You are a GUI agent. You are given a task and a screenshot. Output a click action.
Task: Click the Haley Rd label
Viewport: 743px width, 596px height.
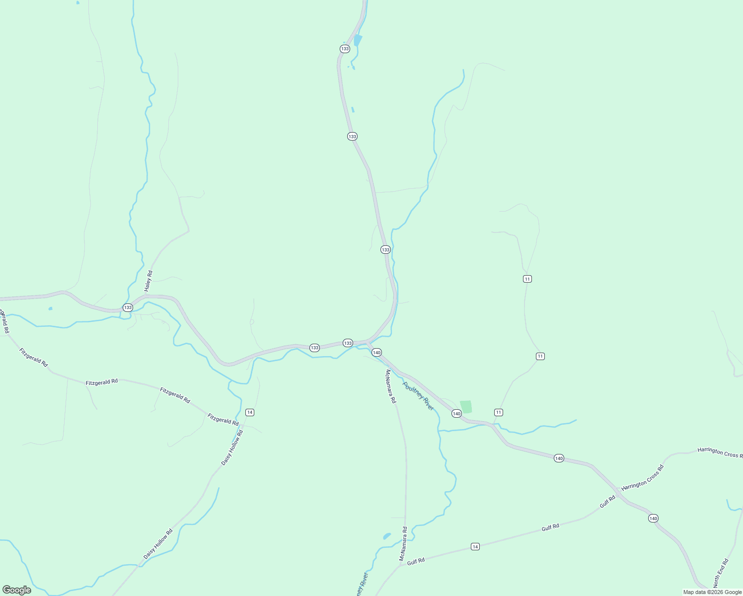point(149,281)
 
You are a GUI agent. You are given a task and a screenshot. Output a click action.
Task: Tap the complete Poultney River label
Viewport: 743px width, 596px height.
point(418,396)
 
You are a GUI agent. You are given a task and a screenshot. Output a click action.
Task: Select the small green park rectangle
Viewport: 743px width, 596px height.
point(466,407)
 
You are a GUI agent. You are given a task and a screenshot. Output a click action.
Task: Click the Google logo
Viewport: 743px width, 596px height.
point(17,590)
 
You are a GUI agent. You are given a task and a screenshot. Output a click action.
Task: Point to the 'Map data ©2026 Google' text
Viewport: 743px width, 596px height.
point(712,592)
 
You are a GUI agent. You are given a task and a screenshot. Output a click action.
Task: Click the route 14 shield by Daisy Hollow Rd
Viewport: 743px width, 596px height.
point(250,412)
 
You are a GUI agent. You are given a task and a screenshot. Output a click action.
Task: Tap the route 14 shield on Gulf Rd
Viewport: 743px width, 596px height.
point(475,546)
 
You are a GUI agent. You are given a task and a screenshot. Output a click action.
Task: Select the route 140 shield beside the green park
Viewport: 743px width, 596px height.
point(456,413)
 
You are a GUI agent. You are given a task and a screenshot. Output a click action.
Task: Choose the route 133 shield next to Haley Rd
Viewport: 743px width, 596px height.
point(128,307)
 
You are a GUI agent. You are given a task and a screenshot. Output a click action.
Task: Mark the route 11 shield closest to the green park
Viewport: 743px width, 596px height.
point(499,412)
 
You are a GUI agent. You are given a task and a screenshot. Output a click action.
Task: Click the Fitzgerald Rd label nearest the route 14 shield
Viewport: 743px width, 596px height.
point(223,420)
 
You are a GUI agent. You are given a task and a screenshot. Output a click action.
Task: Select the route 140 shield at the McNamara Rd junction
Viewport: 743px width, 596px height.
point(376,352)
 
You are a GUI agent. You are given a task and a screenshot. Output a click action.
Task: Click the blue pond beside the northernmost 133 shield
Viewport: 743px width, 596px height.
point(358,40)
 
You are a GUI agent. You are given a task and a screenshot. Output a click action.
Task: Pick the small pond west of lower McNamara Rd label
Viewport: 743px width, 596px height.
point(387,536)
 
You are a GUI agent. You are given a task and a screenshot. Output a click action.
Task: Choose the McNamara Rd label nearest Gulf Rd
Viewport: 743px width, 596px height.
point(403,544)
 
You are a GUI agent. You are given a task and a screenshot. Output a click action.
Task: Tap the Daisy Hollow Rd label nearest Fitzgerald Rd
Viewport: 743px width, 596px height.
point(232,447)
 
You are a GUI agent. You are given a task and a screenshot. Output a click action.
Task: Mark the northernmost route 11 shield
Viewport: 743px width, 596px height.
point(527,279)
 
